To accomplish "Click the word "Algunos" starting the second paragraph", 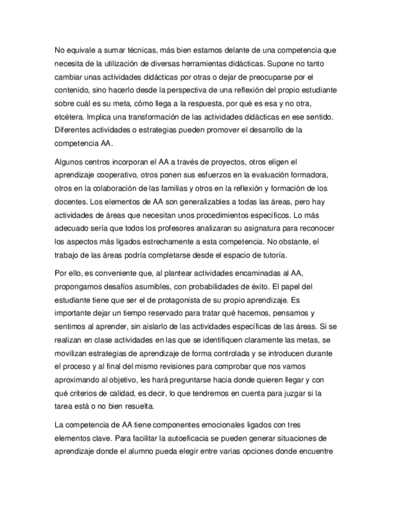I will click(x=71, y=162).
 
